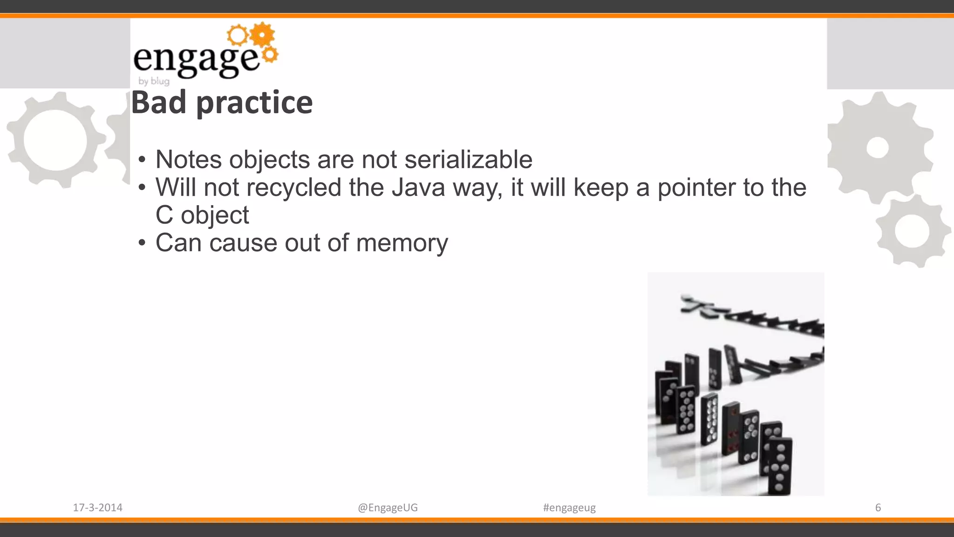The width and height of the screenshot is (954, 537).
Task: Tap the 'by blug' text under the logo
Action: tap(154, 81)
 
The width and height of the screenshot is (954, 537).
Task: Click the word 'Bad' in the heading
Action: tap(159, 103)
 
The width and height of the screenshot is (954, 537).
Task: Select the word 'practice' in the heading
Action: tap(254, 103)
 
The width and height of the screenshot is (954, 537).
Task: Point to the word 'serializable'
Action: tap(468, 159)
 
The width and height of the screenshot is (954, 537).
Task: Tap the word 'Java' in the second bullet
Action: tap(418, 187)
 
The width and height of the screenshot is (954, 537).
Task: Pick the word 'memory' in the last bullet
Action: tap(402, 243)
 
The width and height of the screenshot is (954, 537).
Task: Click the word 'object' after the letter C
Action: tap(215, 215)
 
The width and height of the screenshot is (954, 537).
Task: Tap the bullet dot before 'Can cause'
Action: tap(143, 243)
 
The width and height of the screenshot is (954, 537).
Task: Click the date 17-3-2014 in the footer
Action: tap(97, 508)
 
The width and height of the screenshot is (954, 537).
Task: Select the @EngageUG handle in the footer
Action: tap(388, 508)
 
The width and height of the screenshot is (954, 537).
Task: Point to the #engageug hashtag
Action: tap(569, 508)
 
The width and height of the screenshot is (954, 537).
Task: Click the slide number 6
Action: tap(878, 508)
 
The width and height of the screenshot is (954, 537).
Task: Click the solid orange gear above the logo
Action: tap(263, 34)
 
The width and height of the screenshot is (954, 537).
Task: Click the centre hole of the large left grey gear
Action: tap(55, 140)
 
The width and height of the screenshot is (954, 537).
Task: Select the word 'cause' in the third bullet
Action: tap(243, 243)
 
